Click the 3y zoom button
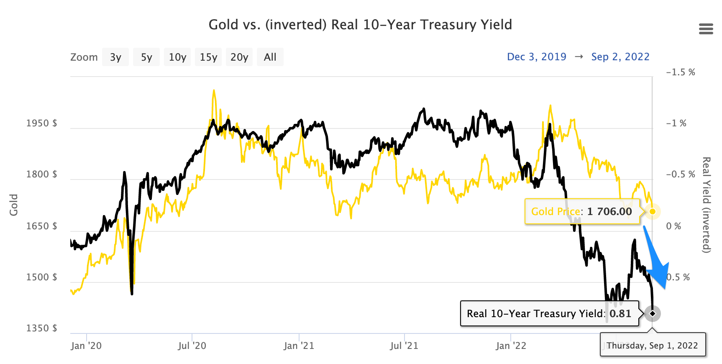pos(115,57)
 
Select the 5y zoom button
pos(146,57)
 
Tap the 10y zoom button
pos(177,57)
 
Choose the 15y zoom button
pos(208,57)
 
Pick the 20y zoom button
pos(239,57)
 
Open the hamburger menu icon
pos(706,29)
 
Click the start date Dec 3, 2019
pos(536,57)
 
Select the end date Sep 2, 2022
pos(620,57)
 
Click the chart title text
pos(360,25)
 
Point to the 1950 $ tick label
pos(41,123)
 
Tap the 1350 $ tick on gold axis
pos(41,328)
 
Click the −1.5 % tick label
pos(680,72)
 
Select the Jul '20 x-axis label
pos(192,346)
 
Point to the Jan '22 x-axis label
pos(511,346)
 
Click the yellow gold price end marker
pos(652,211)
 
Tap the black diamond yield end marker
pos(652,313)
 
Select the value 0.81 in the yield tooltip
pos(620,314)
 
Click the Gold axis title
pos(14,205)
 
